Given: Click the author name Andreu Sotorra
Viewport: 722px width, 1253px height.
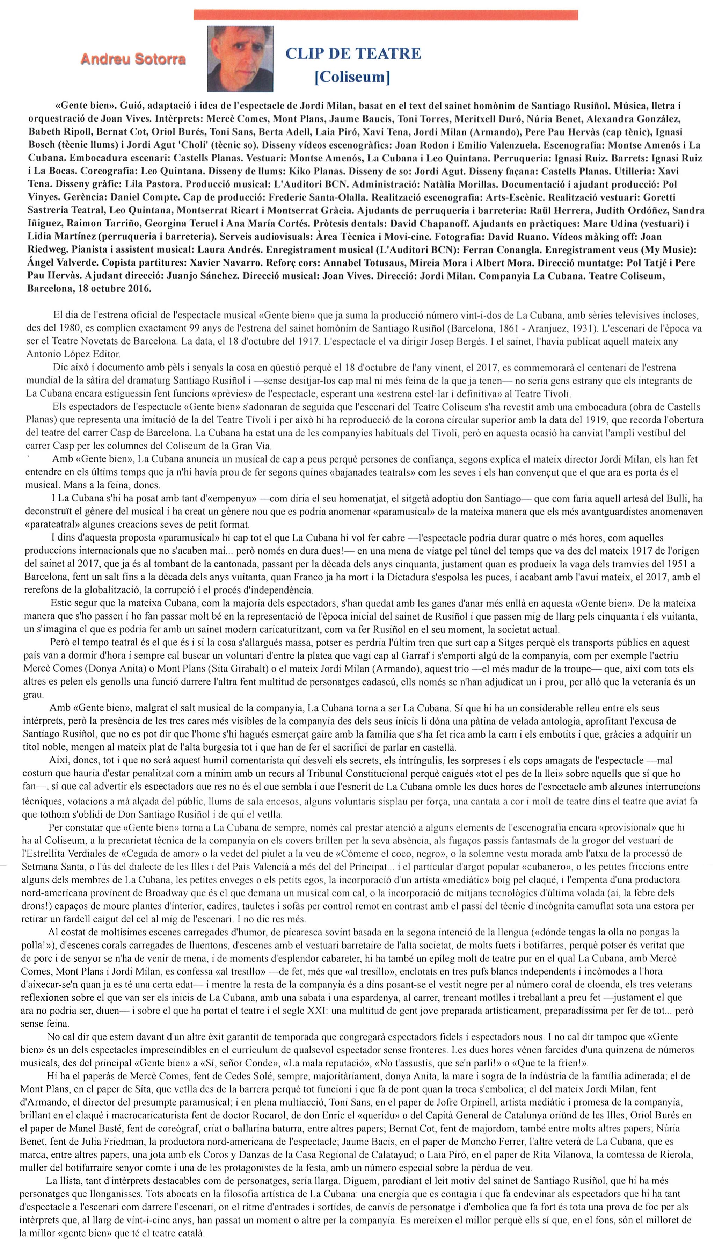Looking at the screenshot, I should [133, 59].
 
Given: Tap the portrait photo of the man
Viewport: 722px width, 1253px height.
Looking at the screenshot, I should [240, 59].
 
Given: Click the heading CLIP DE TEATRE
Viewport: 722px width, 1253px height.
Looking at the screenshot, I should [353, 53].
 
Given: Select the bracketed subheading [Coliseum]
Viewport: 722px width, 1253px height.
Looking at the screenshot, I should [352, 77].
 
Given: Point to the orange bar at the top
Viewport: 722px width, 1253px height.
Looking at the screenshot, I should [385, 15].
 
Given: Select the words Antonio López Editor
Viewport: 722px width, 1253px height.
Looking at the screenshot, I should [73, 354].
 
